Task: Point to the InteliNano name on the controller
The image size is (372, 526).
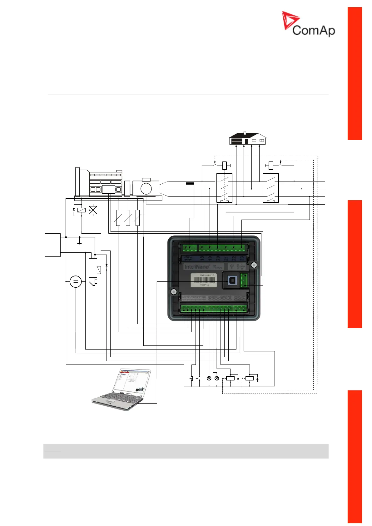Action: click(197, 267)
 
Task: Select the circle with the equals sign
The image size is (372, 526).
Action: click(75, 282)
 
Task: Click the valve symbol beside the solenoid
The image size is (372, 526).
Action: click(93, 210)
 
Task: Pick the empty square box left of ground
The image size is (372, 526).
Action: click(52, 245)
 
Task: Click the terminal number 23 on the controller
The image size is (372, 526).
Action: click(241, 258)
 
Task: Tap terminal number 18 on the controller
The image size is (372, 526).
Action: click(202, 258)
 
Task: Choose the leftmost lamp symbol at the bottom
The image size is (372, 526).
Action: click(209, 378)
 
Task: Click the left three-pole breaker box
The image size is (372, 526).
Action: click(224, 188)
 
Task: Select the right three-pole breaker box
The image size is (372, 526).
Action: click(271, 188)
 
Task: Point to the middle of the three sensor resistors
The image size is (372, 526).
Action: click(128, 218)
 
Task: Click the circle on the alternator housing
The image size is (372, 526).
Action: click(146, 188)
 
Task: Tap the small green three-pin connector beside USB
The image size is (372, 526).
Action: click(244, 280)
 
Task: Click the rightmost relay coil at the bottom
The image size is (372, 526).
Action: click(249, 378)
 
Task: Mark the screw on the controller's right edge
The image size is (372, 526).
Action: click(254, 265)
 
